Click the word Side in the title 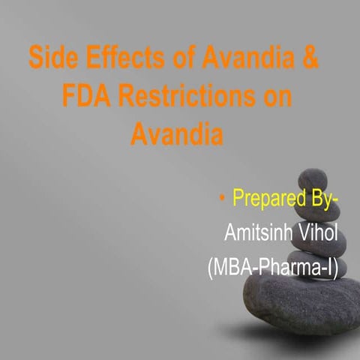pos(49,58)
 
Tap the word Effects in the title pos(111,58)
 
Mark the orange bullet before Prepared pos(223,199)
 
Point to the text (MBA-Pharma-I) pos(274,266)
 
